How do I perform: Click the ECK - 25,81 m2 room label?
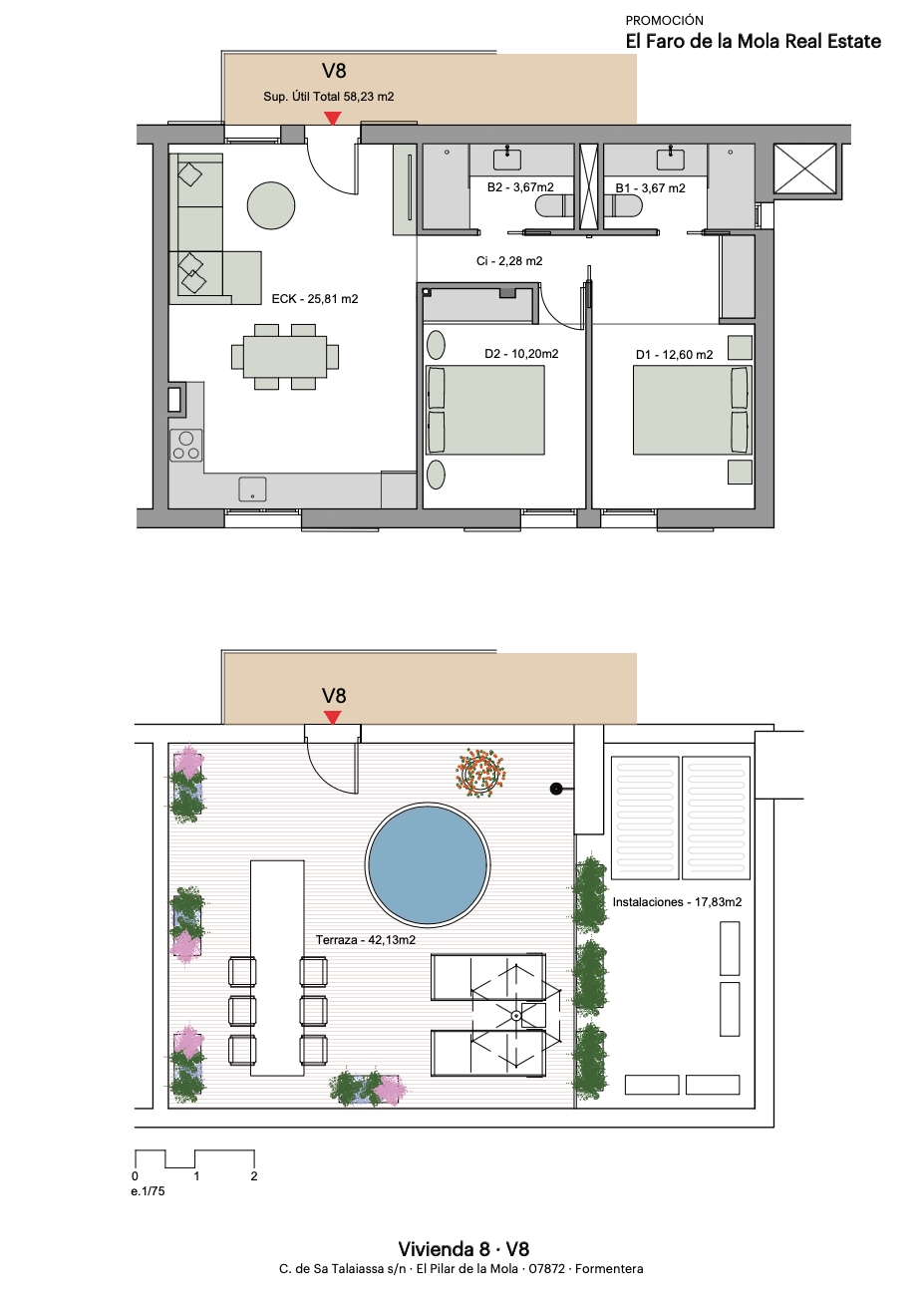click(315, 299)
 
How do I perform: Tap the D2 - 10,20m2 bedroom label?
click(521, 354)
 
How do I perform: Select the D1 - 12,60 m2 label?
click(674, 355)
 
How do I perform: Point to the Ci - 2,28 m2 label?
click(509, 261)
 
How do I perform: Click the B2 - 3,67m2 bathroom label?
click(520, 187)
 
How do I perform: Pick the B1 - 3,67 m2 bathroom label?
click(650, 188)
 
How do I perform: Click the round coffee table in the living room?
click(271, 205)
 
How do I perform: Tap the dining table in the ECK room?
click(285, 357)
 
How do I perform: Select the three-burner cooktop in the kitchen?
click(186, 446)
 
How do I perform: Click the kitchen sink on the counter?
click(252, 490)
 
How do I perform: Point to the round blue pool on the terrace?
click(428, 864)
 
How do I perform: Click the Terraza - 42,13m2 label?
click(366, 940)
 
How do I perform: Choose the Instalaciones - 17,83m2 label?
click(677, 902)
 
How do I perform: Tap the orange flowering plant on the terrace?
click(480, 773)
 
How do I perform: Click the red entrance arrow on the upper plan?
click(332, 119)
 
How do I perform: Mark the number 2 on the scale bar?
click(254, 1176)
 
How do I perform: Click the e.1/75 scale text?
click(148, 1191)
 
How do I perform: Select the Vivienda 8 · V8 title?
click(463, 1249)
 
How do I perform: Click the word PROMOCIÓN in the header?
click(665, 20)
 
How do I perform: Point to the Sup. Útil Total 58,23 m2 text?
click(329, 96)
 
